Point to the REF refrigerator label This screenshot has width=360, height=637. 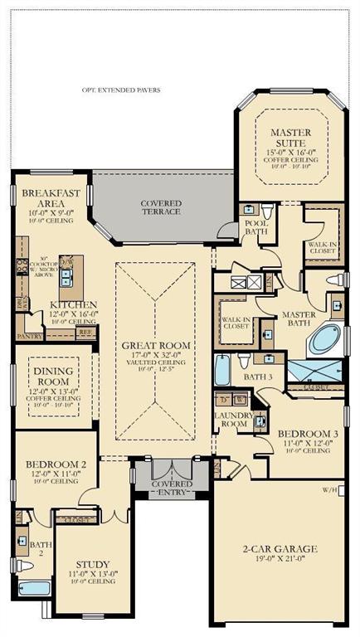pos(83,330)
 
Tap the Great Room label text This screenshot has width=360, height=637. pos(156,345)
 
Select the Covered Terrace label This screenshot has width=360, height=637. pos(161,207)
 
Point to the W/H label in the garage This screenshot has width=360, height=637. pos(332,489)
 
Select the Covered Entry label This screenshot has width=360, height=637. pos(172,489)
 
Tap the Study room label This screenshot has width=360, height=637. pos(93,564)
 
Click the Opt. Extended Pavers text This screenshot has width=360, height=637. pos(121,90)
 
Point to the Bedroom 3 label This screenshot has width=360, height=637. pos(306,434)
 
